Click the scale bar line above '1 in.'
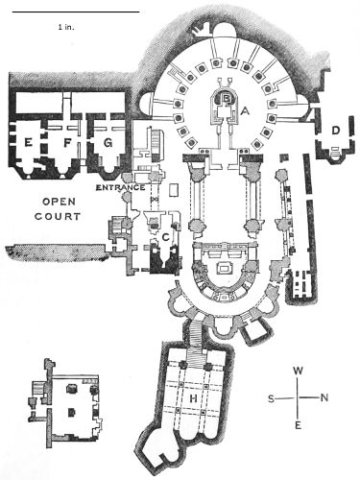coord(76,12)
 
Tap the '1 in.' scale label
coord(66,27)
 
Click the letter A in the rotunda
coord(245,110)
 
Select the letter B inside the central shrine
coord(227,98)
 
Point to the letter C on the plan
coord(165,237)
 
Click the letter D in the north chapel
coord(335,131)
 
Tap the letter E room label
coord(29,142)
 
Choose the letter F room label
coord(67,143)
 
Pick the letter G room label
coord(108,143)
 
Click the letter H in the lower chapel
coord(193,398)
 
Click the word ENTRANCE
coord(121,187)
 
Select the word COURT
coord(58,216)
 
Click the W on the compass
coord(298,371)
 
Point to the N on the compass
coord(324,397)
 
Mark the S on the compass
coord(271,398)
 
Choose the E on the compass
coord(298,425)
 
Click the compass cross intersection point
coord(299,397)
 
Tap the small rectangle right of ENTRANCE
coord(174,190)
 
